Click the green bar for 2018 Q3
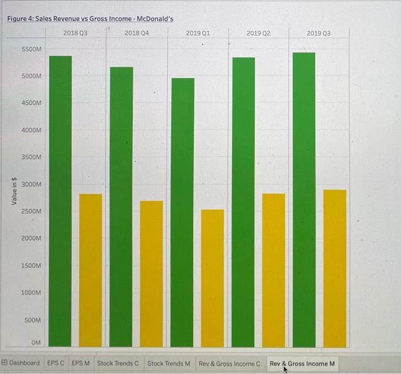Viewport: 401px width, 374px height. tap(60, 200)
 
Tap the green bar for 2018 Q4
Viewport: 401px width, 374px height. tap(121, 206)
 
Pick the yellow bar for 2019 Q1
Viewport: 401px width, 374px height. tap(213, 278)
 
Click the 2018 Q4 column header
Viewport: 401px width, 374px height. tap(136, 33)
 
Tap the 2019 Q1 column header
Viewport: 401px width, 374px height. tap(198, 33)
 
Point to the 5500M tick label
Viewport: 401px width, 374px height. tap(32, 50)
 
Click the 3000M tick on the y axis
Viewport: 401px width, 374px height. tap(32, 185)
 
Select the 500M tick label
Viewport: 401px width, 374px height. tap(33, 320)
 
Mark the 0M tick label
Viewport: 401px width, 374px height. tap(36, 342)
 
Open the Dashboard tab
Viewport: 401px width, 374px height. tap(21, 363)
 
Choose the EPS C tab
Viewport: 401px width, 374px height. tap(56, 363)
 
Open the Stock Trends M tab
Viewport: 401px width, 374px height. tap(168, 363)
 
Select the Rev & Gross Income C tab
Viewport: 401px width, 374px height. tap(229, 363)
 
